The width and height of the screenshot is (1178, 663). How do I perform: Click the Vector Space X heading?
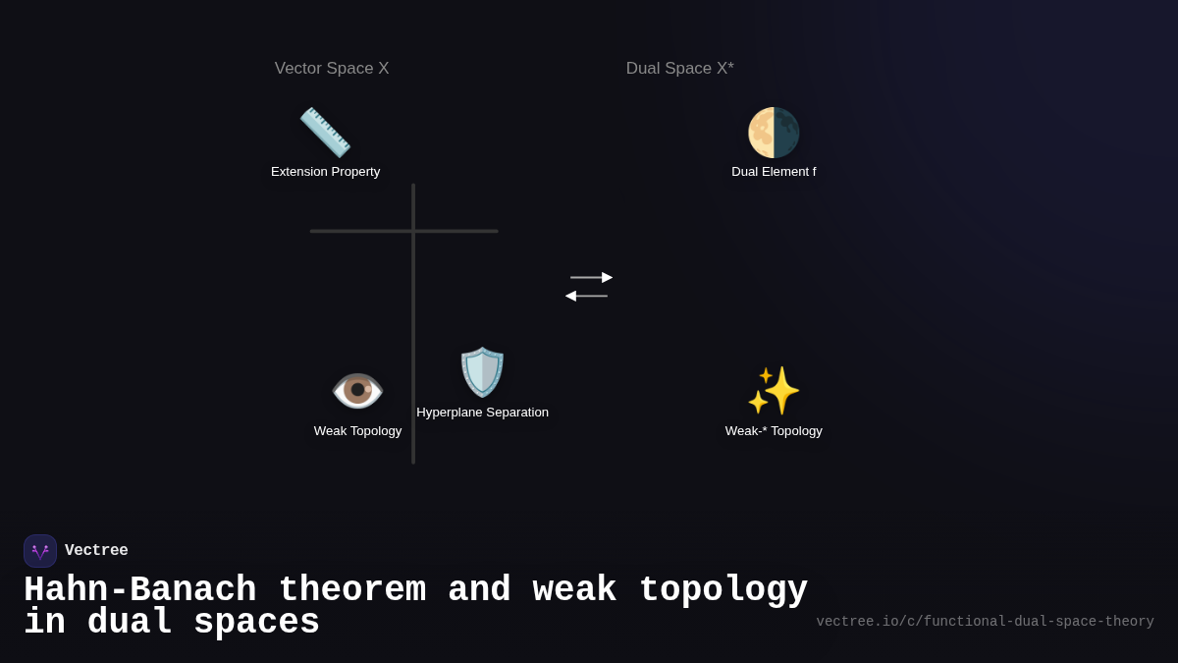(x=332, y=69)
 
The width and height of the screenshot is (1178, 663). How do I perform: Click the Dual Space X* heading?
(x=679, y=69)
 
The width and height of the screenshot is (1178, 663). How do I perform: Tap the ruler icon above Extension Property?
(x=325, y=133)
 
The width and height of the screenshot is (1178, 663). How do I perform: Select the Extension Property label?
(x=325, y=172)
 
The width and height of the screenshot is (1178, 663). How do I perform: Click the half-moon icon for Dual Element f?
(x=774, y=133)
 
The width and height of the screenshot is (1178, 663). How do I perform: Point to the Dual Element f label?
(x=774, y=172)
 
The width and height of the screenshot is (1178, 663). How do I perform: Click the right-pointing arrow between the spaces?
(x=591, y=277)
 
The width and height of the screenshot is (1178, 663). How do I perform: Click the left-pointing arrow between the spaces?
(x=586, y=296)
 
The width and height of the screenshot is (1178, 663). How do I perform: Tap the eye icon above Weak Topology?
(x=357, y=391)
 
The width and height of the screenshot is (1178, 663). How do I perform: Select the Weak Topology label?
(x=357, y=431)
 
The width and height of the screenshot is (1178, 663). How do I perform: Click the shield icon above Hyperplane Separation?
(x=482, y=372)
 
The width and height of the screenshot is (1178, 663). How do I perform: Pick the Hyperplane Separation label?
(x=482, y=413)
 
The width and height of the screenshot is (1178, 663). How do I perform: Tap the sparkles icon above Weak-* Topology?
(x=774, y=391)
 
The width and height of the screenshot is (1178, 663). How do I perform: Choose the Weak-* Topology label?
(x=774, y=431)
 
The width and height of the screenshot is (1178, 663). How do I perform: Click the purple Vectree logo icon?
(x=40, y=551)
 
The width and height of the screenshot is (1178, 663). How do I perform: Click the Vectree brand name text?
(x=96, y=551)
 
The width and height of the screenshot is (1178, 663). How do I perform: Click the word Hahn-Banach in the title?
(x=139, y=590)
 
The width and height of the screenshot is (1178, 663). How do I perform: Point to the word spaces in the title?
(x=256, y=623)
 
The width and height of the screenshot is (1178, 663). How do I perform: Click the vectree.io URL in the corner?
(x=985, y=622)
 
